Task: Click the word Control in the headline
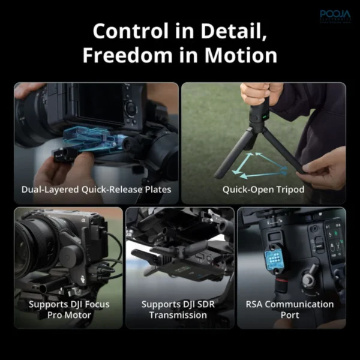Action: pos(131,31)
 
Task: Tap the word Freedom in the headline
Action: pos(128,55)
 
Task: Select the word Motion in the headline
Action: pos(243,55)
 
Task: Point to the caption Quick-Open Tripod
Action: pos(263,190)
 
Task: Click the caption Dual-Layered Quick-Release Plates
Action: pos(97,190)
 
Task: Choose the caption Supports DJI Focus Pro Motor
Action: pos(68,310)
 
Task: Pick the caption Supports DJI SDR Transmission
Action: pos(180,310)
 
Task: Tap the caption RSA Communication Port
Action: pos(290,310)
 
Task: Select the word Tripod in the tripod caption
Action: pos(289,190)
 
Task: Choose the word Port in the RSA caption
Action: pos(290,316)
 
